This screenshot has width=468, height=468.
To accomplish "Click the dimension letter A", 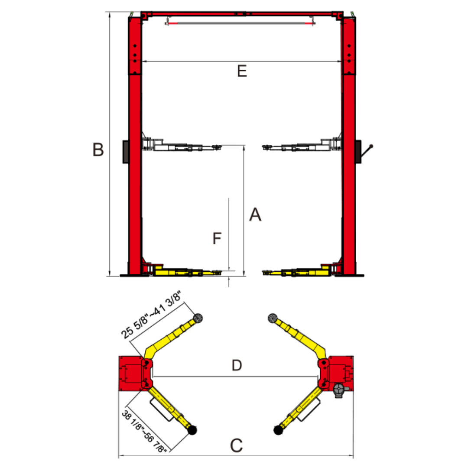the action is tap(255, 214).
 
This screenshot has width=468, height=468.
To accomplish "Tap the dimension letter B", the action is tap(98, 149).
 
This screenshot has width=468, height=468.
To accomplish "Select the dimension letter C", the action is tap(237, 445).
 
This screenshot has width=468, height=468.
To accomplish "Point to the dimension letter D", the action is tap(237, 365).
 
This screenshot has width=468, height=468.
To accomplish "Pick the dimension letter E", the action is tap(242, 71).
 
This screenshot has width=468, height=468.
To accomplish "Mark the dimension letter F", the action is tap(217, 238).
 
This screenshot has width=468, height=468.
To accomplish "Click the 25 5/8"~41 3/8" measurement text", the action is tap(151, 315).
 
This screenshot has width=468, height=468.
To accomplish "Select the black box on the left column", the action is tap(126, 152).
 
